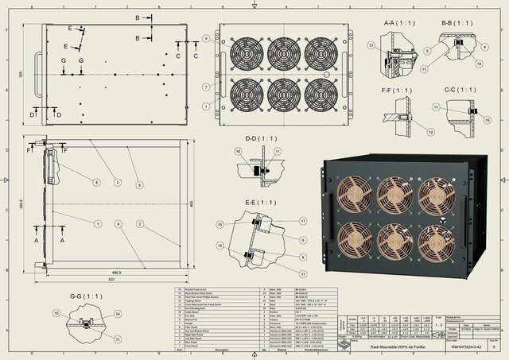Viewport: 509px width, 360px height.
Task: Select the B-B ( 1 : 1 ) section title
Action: coord(457,22)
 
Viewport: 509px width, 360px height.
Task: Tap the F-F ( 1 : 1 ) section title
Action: coord(398,91)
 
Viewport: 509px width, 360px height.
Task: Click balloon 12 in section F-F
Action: coord(431,132)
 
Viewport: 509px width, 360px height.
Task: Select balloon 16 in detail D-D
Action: coord(237,150)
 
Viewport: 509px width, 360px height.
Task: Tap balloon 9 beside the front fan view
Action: coord(205,38)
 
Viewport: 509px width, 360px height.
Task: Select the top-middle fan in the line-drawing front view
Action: coord(282,54)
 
